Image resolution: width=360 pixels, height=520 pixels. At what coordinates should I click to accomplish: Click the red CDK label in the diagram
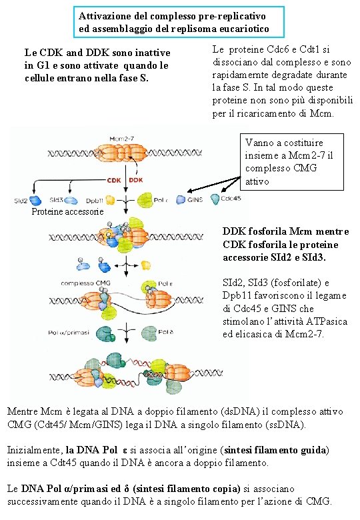(x=114, y=179)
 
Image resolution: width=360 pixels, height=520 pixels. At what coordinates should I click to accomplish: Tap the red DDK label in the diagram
(x=136, y=179)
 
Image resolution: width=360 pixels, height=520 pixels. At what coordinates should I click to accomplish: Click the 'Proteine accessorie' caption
(x=67, y=212)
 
